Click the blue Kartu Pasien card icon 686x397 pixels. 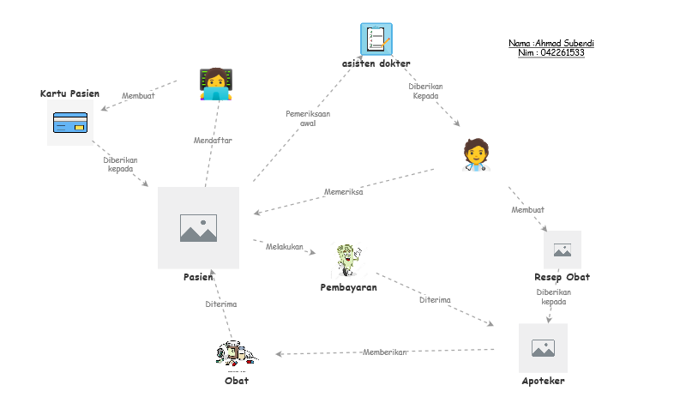coord(70,123)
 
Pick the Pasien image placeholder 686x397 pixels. coord(198,228)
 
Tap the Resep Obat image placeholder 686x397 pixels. coord(563,250)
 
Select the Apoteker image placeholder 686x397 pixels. coord(543,347)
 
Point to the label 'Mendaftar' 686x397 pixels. coord(213,140)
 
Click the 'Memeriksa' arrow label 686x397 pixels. coord(343,192)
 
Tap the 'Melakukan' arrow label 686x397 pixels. coord(285,247)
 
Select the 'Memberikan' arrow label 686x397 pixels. coord(384,352)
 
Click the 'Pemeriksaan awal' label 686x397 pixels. coord(308,118)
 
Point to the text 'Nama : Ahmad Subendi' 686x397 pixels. coord(551,43)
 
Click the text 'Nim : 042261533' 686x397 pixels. coord(551,53)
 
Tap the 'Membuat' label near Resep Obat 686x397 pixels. coord(527,210)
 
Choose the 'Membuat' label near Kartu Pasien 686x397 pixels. coord(138,96)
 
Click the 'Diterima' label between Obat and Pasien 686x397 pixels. coord(220,304)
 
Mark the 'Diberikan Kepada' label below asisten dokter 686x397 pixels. coord(425,91)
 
